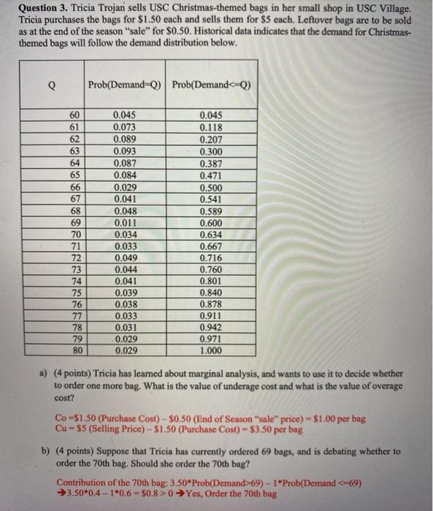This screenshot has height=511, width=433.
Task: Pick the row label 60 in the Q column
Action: point(74,114)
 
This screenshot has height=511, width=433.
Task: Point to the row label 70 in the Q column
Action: point(74,234)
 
